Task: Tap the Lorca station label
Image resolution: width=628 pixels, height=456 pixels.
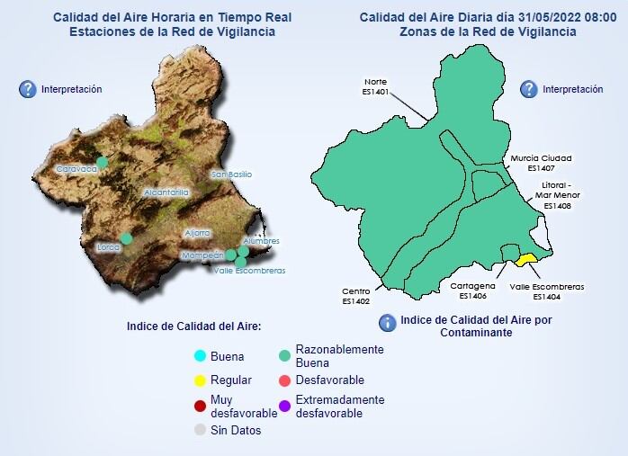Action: coord(108,247)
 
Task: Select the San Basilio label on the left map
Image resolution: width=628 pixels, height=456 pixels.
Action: coord(231,174)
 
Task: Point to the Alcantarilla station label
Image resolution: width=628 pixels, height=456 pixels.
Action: coord(166,192)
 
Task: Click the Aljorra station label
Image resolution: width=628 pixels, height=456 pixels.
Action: coord(197,233)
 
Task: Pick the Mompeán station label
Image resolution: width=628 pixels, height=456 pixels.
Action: coord(202,255)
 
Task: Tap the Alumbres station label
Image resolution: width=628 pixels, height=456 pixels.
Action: coord(261,241)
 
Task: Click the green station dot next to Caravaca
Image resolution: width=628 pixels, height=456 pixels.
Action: coord(103,162)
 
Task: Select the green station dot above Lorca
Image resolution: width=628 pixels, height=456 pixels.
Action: coord(126,238)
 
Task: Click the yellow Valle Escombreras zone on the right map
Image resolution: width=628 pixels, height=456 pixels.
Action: coord(525,259)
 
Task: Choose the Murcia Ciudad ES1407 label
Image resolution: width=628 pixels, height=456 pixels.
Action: coord(541,163)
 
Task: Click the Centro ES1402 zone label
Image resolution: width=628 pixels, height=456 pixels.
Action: coord(356,296)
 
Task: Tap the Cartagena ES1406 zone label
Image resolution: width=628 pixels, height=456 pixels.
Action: coord(472,291)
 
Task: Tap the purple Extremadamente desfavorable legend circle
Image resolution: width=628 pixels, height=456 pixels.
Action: coord(284,406)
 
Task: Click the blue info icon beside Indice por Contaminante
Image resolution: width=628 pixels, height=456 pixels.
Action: coord(387,323)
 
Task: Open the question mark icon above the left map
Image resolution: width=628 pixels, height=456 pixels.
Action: coord(28,89)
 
